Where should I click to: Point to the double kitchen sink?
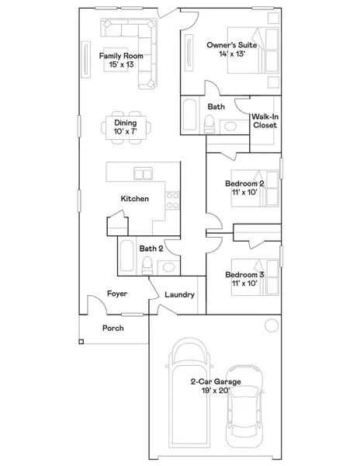[143, 172]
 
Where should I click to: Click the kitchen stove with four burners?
[172, 200]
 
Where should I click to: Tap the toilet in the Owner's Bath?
[208, 123]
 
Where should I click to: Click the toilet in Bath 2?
[147, 266]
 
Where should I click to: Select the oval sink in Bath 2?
[168, 267]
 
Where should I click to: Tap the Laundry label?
[179, 295]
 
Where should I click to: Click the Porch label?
[113, 328]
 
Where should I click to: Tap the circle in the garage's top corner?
[271, 325]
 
